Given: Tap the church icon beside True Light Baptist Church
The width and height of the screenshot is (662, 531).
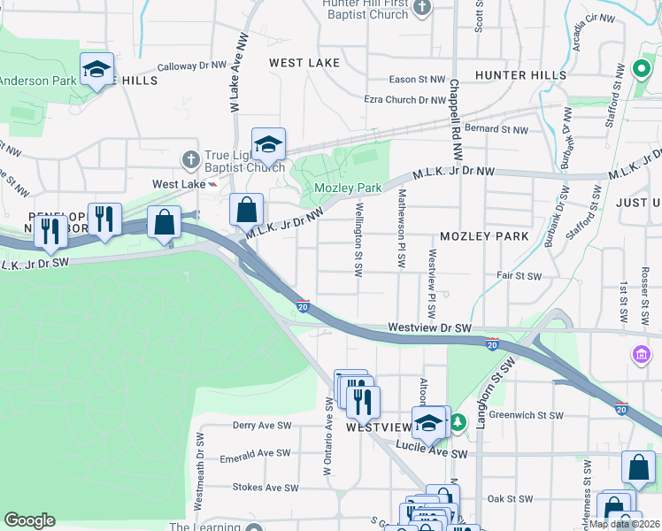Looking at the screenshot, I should (x=189, y=160).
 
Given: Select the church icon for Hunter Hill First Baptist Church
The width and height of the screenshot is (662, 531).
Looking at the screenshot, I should (x=422, y=8).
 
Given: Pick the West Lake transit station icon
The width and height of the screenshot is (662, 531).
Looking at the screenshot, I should (x=212, y=184).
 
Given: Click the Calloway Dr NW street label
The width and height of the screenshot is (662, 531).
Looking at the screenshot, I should (x=192, y=66).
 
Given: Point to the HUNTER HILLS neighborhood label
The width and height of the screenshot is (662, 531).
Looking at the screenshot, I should (x=514, y=76).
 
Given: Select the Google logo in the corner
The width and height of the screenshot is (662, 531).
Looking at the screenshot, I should (x=29, y=520).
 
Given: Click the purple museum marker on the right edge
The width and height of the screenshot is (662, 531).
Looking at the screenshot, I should (x=641, y=355).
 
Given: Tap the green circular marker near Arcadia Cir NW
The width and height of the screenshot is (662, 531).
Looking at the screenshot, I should (x=642, y=68).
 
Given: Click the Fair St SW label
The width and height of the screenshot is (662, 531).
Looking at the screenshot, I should (x=519, y=276).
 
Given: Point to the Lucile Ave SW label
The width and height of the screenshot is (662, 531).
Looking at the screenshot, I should (x=431, y=453).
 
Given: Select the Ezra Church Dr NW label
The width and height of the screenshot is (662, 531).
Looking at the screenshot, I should (x=404, y=101).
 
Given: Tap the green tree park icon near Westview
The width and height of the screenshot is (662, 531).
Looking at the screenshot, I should (x=458, y=422).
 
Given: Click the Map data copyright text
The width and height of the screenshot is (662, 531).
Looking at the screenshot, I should (x=623, y=524).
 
